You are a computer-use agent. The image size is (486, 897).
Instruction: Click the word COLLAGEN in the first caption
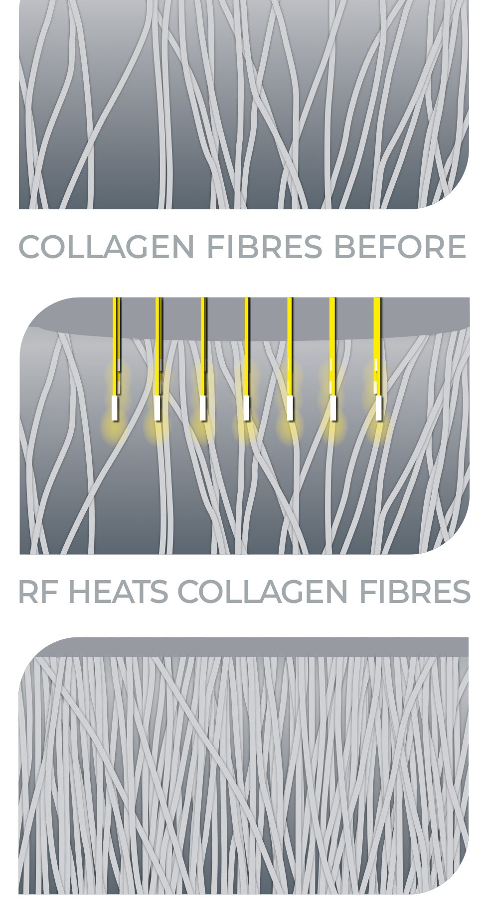point(106,247)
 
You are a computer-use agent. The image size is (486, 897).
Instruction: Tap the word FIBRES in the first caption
point(265,247)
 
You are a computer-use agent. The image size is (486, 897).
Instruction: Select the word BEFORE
point(400,247)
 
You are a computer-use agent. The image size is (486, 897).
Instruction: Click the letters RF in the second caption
point(38,592)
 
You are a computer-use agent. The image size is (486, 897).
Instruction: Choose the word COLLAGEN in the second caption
point(263,592)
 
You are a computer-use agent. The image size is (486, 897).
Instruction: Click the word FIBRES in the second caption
point(415,592)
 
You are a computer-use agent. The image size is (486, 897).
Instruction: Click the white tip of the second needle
point(158,407)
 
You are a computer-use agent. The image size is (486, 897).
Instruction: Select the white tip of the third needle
point(202,408)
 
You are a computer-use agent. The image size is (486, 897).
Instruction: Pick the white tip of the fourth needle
point(246,408)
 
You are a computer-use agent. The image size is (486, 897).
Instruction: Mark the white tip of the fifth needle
point(290,408)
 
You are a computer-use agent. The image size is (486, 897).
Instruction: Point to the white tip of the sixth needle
point(334,408)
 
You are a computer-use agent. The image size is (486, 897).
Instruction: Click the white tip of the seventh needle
point(378,407)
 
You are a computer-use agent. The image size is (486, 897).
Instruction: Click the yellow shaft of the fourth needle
point(247,347)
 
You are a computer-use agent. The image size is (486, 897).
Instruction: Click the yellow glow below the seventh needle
point(378,427)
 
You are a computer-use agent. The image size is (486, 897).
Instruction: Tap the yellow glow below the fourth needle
point(246,428)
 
